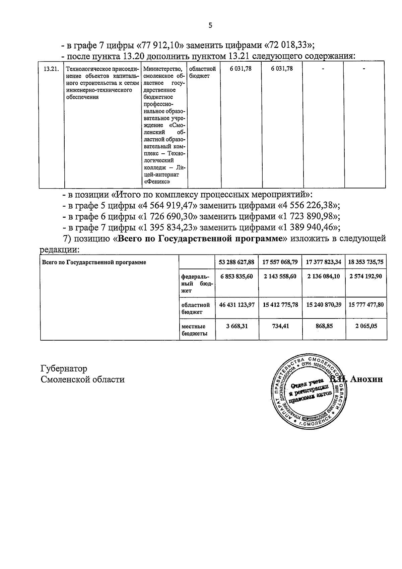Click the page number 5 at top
coord(210,25)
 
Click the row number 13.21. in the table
coord(51,69)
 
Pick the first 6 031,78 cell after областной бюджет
coord(241,69)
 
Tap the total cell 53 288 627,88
coord(237,262)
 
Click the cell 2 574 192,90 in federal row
coord(366,276)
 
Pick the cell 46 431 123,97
coord(237,305)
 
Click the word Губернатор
coord(64,368)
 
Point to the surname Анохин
coord(366,379)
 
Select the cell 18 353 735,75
coord(366,262)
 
